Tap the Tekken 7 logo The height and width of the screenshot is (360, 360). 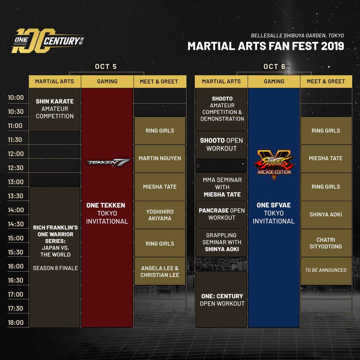point(107,162)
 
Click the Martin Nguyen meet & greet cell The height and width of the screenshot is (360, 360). point(160,158)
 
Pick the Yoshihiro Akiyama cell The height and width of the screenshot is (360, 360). point(160,215)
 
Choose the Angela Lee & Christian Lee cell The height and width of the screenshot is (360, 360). point(160,271)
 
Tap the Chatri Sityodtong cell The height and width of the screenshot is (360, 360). point(326,243)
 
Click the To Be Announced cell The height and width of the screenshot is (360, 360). point(326,270)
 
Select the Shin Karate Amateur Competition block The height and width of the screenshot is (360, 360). point(55,109)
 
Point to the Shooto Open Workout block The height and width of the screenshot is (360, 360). point(221,145)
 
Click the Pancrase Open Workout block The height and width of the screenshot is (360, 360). point(221,214)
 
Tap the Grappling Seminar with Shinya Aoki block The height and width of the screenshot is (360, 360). point(221,242)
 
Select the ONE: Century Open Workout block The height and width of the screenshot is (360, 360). point(221,299)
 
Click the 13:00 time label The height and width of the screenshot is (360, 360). point(16,182)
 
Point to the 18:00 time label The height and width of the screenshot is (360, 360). point(16,323)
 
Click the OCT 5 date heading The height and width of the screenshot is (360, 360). point(106,66)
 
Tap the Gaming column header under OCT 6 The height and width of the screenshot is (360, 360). point(274,81)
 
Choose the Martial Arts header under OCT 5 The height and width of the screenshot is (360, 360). point(55,81)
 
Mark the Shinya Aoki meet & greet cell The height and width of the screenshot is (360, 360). point(326,215)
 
